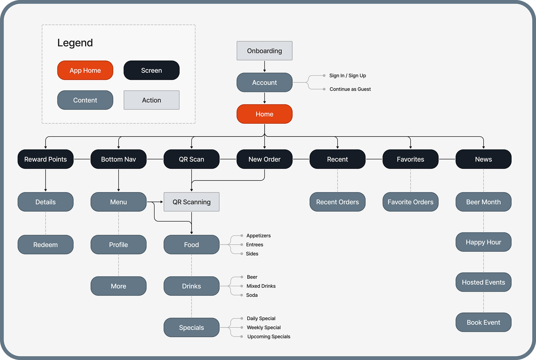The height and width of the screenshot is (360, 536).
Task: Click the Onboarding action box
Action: click(264, 51)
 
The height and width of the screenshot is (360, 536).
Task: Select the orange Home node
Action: click(264, 114)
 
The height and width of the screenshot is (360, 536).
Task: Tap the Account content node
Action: click(264, 82)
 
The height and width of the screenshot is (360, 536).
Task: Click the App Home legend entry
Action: click(85, 70)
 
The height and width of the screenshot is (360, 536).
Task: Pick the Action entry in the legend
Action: click(152, 100)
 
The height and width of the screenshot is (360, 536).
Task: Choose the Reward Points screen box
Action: click(46, 159)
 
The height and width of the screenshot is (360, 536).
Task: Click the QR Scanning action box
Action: click(192, 202)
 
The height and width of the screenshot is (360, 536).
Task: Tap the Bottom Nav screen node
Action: click(118, 159)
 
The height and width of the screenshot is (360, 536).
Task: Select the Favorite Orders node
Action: click(410, 202)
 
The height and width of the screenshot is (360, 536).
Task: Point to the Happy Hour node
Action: click(484, 242)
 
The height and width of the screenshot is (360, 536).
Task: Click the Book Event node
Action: click(484, 322)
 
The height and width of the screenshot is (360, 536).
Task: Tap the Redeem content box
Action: click(46, 244)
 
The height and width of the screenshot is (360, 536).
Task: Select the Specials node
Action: click(192, 327)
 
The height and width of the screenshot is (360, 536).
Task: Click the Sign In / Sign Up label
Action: click(348, 76)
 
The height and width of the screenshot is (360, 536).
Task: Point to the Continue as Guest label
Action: click(350, 89)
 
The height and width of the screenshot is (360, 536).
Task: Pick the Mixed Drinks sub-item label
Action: click(261, 286)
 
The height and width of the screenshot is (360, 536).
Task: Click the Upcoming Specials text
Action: click(269, 337)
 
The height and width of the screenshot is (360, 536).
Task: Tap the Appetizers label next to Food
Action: click(259, 236)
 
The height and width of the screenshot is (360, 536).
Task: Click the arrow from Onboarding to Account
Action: click(264, 66)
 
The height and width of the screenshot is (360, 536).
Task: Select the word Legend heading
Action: click(75, 43)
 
